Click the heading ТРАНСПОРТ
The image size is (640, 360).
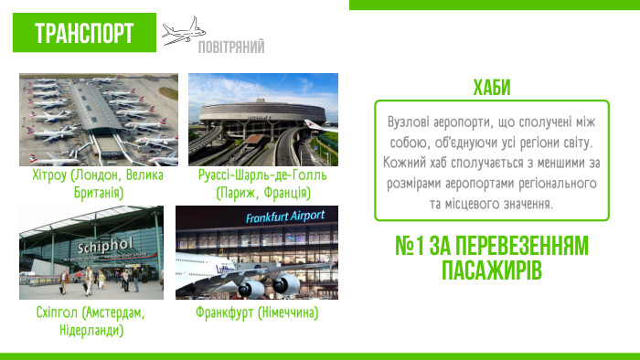click(x=84, y=34)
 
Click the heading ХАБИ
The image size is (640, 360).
click(x=492, y=88)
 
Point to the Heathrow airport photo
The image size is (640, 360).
click(x=99, y=119)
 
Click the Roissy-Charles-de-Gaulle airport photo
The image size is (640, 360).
click(x=263, y=119)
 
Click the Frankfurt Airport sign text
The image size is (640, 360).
click(x=285, y=217)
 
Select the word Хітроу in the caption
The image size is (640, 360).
click(x=49, y=175)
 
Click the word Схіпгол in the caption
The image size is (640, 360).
click(x=52, y=312)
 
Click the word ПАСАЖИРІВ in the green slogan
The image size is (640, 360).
click(x=492, y=271)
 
